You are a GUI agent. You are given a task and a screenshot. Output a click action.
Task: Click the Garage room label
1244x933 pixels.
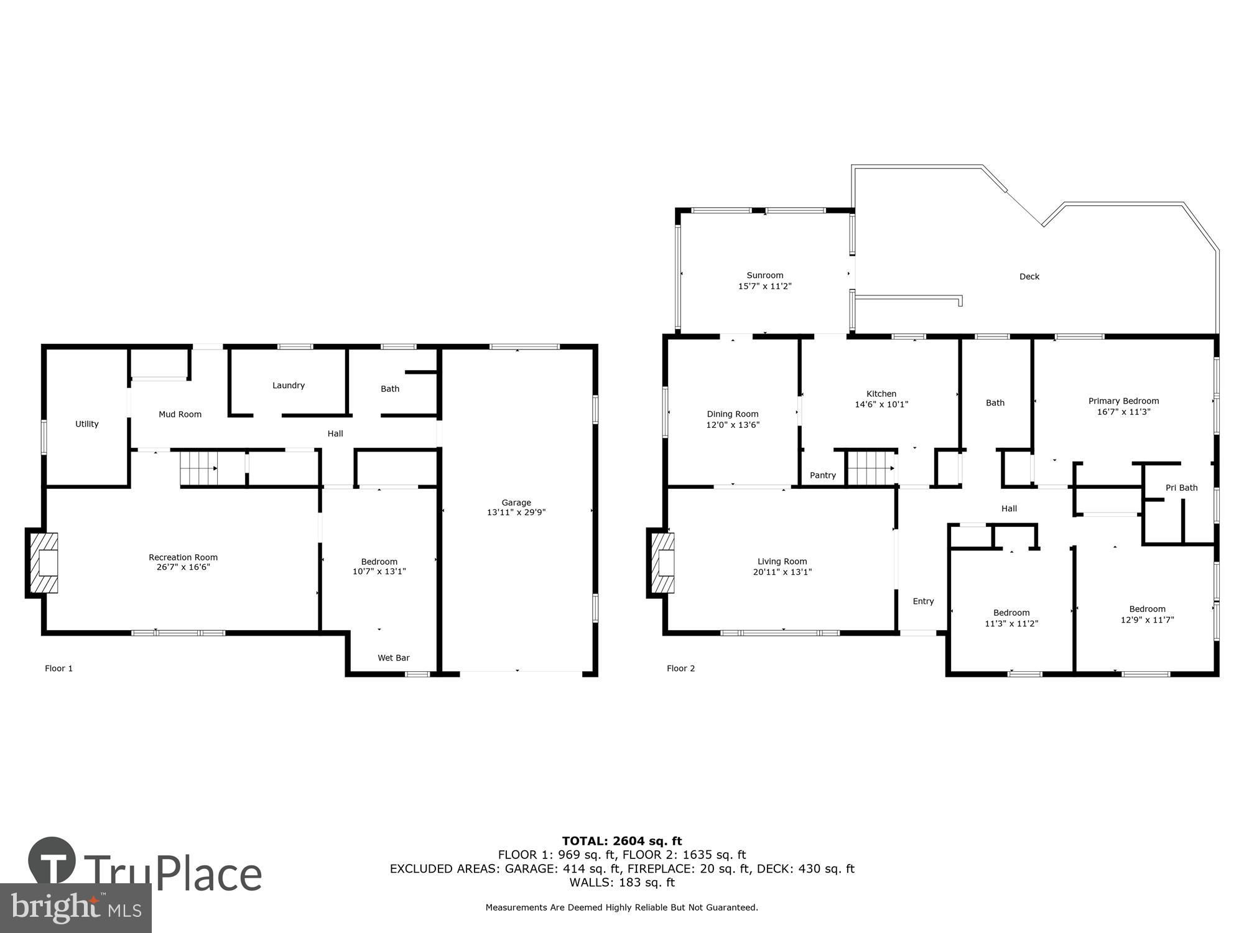(x=516, y=503)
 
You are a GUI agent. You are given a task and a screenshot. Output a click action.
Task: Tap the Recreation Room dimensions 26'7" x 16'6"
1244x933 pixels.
(x=183, y=567)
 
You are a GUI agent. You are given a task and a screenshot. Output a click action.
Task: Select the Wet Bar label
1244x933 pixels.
(x=393, y=658)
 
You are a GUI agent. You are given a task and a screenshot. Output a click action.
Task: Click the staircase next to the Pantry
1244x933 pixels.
(x=871, y=468)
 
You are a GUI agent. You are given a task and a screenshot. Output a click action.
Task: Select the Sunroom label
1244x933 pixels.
(x=764, y=275)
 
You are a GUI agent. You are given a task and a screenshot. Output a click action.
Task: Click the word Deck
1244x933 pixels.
(x=1029, y=277)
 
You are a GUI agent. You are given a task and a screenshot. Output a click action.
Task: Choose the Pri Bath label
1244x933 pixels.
(x=1181, y=488)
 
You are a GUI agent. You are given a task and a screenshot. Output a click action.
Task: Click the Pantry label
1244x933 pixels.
(x=822, y=475)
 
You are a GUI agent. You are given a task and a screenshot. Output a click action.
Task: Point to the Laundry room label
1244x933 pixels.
(x=288, y=386)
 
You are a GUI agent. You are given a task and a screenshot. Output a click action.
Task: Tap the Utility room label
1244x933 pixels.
(x=86, y=424)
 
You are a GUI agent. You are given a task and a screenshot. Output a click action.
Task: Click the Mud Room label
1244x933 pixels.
(x=180, y=414)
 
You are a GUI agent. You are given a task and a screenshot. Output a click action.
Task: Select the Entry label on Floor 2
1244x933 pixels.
(x=923, y=601)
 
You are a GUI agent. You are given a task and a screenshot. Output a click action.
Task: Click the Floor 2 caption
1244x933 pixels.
(x=680, y=669)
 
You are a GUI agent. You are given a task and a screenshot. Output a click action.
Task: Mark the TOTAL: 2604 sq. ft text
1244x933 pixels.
(x=621, y=842)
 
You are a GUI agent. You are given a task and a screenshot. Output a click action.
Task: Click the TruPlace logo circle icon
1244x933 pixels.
(x=52, y=861)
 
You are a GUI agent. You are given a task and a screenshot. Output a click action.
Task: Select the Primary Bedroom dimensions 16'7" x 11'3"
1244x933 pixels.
(x=1123, y=412)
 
